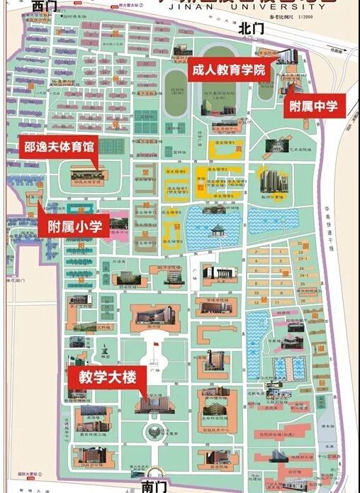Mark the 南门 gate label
point(152,486)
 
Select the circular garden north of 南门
point(152,430)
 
